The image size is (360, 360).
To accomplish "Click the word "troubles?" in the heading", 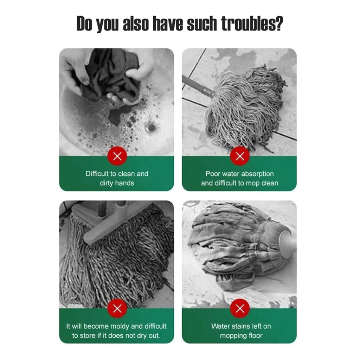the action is click(252, 24).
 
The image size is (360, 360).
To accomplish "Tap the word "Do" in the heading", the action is click(84, 24).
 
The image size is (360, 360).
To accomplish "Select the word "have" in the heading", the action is click(168, 24).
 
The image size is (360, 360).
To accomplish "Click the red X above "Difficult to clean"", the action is click(117, 156).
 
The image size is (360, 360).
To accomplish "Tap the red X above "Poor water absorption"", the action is click(240, 156).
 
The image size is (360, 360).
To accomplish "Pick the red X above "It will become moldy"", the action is click(117, 308).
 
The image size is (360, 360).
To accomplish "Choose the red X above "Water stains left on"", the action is click(240, 308).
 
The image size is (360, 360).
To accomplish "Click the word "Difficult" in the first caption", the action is click(97, 174).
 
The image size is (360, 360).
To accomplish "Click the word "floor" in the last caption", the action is click(255, 336).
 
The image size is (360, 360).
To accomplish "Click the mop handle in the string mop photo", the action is click(198, 86).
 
